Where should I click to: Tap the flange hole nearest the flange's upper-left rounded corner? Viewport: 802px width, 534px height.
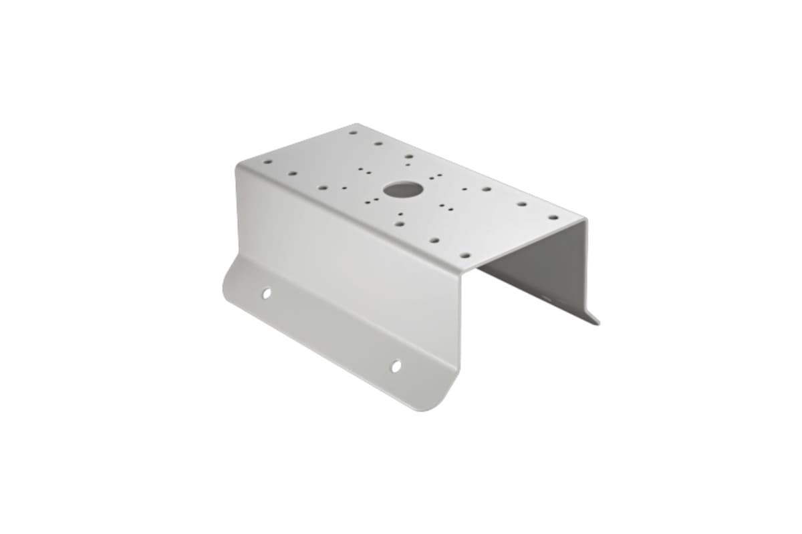[266, 293]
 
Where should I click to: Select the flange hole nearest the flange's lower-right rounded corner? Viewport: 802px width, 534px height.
[396, 366]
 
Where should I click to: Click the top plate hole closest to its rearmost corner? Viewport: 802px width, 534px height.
[353, 132]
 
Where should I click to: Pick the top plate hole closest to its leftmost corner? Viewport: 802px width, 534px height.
[267, 162]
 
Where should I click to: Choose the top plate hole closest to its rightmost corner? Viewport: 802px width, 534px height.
[553, 217]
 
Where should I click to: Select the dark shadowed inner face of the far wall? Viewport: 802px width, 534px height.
[541, 267]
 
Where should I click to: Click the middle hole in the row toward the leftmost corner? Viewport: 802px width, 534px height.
[292, 174]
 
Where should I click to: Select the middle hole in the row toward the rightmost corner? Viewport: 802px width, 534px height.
[521, 204]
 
